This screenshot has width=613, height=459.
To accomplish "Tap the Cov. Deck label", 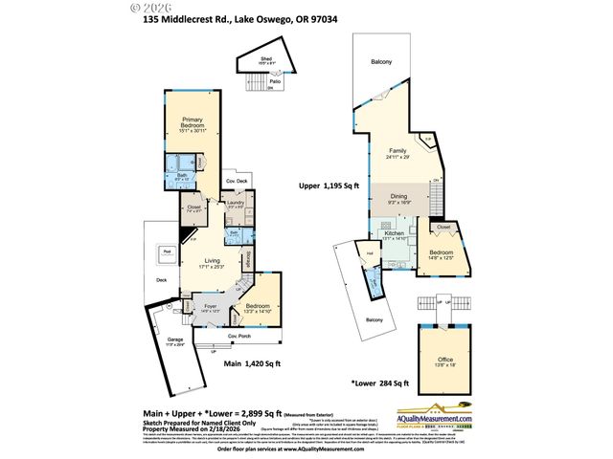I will (x=237, y=181).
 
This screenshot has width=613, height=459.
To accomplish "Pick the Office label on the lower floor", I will (x=447, y=359).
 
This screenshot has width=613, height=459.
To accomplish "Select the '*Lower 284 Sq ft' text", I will (x=380, y=383).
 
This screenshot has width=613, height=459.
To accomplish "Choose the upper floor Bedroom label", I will (x=442, y=254).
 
